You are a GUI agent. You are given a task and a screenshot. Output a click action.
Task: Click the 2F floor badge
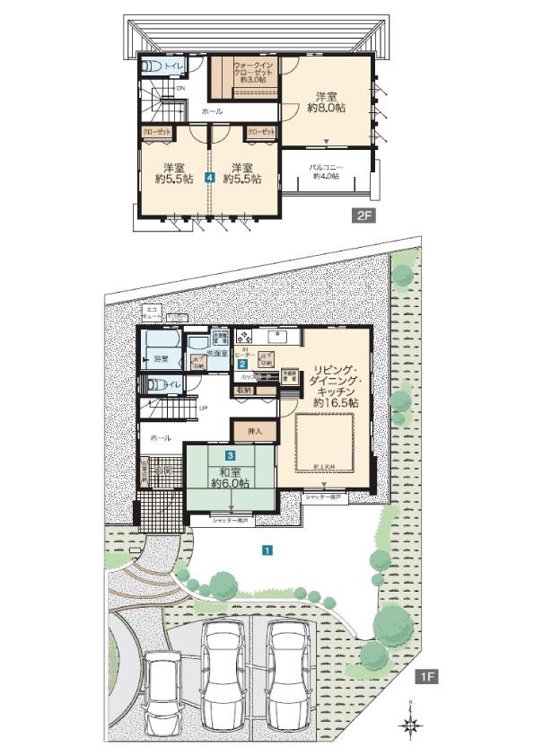tap(363, 216)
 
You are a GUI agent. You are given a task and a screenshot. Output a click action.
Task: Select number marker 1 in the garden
tap(267, 550)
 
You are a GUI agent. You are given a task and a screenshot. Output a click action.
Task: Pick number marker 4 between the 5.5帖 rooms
tap(209, 178)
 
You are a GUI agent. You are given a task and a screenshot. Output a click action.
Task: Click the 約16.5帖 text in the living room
tap(336, 404)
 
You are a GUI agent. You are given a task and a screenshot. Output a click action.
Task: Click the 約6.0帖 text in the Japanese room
tap(230, 484)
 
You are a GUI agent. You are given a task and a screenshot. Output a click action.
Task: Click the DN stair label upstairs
tap(180, 88)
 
